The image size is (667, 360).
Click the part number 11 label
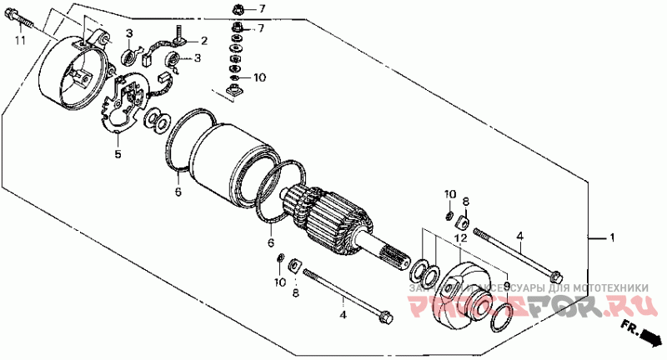(19, 40)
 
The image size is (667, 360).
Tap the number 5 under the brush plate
(118, 155)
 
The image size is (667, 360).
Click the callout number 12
(459, 238)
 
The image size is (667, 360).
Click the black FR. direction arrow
(649, 337)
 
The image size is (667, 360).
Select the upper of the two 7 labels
(260, 10)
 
